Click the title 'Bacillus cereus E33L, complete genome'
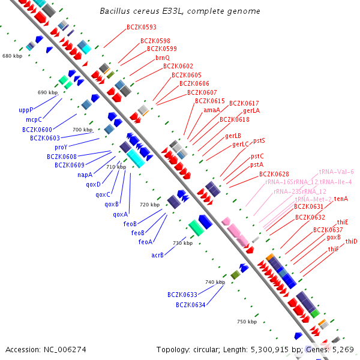180,11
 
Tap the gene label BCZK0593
142,27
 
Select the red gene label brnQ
163,58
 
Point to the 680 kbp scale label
12,56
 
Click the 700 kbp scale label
83,130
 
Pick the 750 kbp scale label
247,322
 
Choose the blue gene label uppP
26,110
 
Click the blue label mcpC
34,120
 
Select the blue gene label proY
61,147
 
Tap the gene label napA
85,175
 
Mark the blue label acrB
158,255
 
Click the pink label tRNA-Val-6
336,172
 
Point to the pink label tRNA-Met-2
313,199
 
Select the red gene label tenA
341,199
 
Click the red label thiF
333,249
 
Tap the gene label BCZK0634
191,305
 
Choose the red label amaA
211,110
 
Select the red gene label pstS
259,140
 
